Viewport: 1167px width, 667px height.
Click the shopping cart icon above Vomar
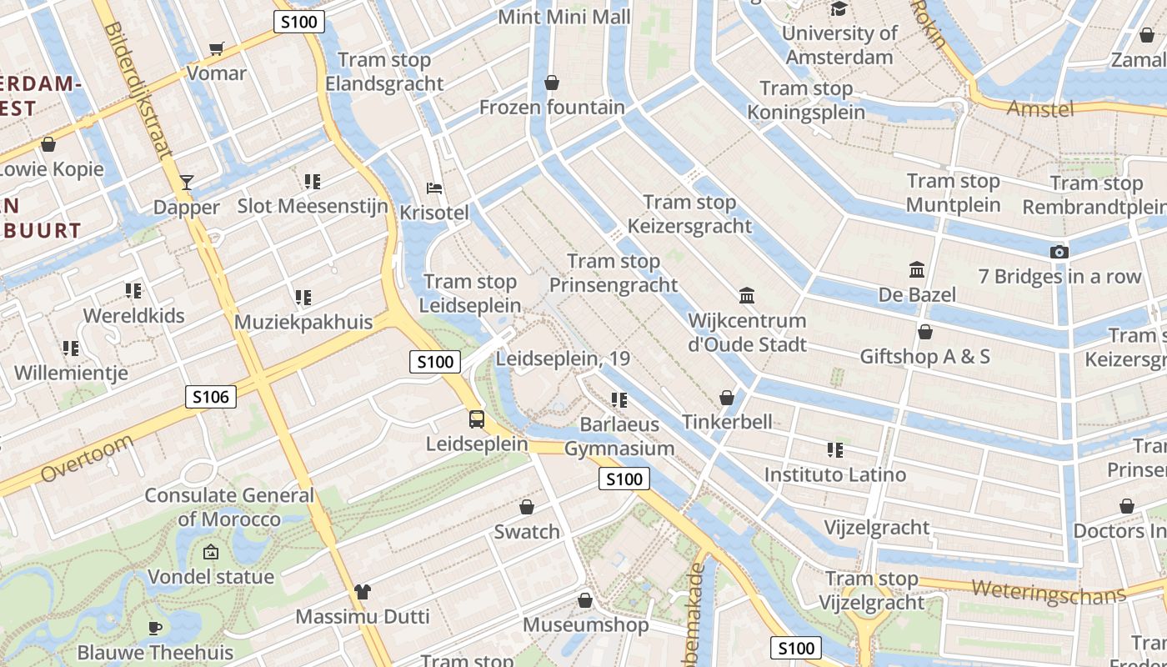pos(217,49)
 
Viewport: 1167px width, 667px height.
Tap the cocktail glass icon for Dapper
pos(187,183)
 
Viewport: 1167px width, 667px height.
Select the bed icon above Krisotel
pos(433,188)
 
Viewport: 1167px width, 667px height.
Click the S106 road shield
pos(211,397)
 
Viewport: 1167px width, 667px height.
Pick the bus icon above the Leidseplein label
pos(476,419)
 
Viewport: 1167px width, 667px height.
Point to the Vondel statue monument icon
pos(210,552)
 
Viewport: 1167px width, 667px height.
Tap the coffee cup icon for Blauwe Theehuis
pos(154,627)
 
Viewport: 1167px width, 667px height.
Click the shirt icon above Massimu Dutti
pos(362,592)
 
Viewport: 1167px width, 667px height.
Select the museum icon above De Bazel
pos(917,269)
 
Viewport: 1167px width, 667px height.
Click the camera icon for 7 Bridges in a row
pos(1059,252)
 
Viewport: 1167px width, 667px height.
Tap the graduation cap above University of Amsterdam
pos(839,9)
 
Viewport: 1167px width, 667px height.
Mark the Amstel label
pos(1039,108)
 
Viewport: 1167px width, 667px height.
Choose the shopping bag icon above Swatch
pos(527,507)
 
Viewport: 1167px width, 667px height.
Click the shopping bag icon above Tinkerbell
pos(727,398)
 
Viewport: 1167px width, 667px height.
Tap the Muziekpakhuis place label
pos(303,322)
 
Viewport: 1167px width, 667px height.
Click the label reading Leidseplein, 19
pos(563,359)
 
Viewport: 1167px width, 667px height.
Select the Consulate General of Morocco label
pos(229,507)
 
